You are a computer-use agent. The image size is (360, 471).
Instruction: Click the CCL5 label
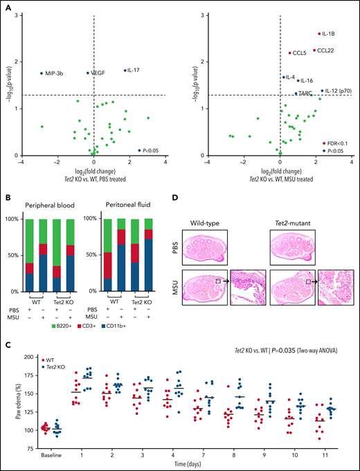coord(299,53)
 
